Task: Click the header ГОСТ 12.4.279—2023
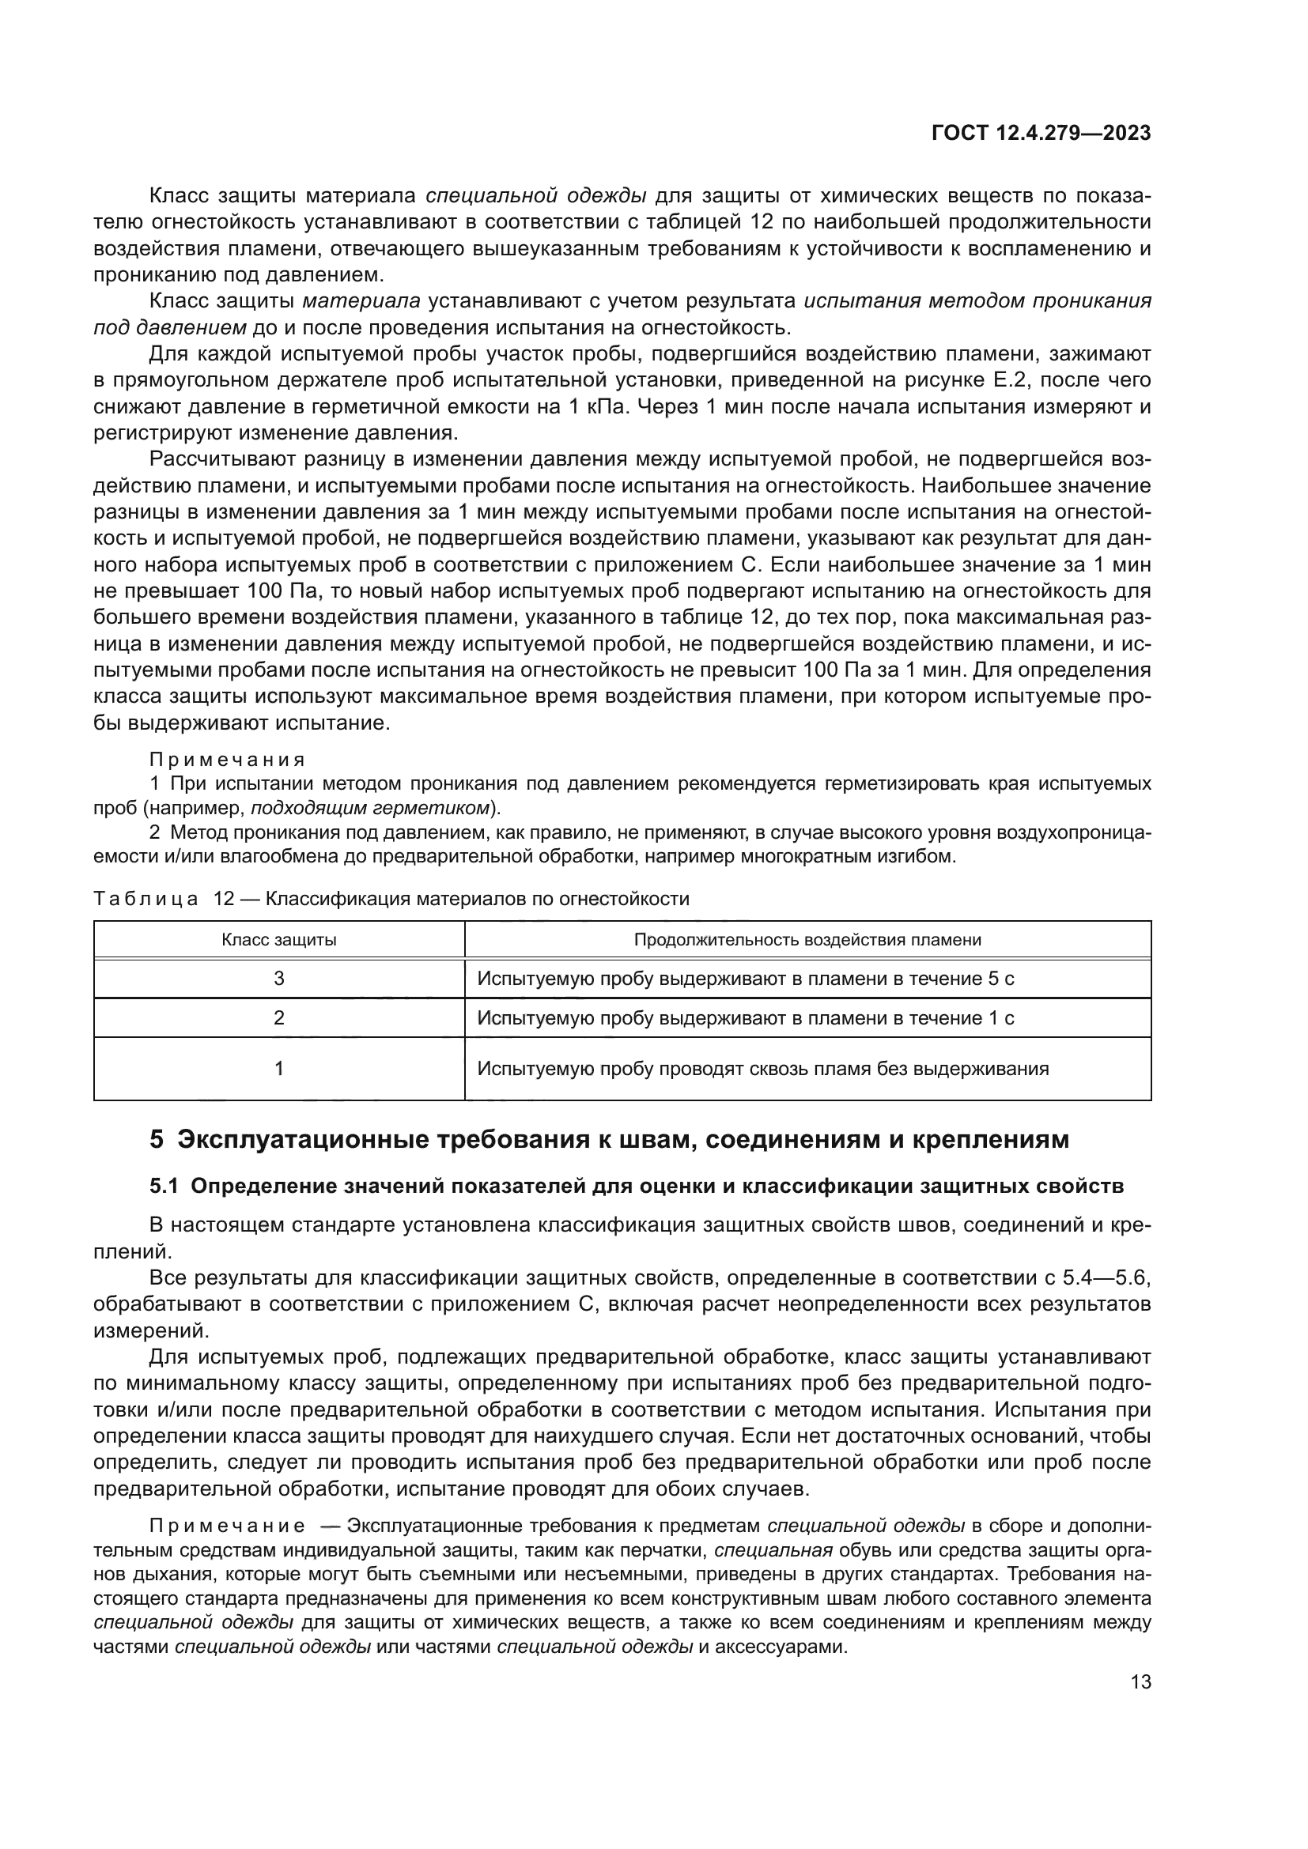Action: (1041, 134)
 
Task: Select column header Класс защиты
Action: (278, 940)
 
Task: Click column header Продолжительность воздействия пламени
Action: (807, 940)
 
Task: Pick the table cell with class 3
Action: (278, 979)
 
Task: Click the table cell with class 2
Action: (278, 1018)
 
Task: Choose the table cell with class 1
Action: (278, 1069)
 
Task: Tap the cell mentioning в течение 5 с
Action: (745, 979)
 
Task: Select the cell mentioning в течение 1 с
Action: (745, 1018)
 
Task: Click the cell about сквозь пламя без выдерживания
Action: (762, 1069)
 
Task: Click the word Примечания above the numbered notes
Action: (227, 760)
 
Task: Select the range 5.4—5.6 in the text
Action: (1106, 1278)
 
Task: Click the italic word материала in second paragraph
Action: (361, 301)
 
